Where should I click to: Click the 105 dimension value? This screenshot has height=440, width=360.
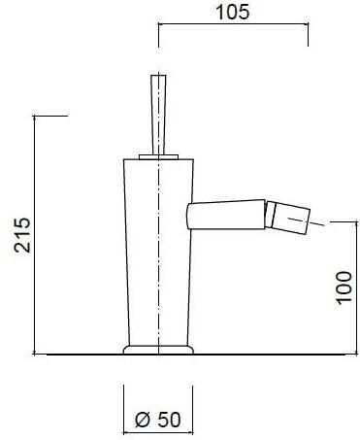click(x=233, y=12)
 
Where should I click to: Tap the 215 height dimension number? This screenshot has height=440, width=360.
click(x=22, y=235)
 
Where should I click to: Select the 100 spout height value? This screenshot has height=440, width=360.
click(x=344, y=288)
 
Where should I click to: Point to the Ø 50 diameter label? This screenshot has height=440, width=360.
click(x=157, y=420)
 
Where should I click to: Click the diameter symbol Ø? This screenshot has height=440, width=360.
click(x=143, y=420)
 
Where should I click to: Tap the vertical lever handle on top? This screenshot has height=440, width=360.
click(x=158, y=115)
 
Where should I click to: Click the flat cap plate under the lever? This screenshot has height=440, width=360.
click(x=158, y=157)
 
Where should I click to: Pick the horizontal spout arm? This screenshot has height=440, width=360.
click(x=226, y=214)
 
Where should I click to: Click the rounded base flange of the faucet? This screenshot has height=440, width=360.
click(x=158, y=350)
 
